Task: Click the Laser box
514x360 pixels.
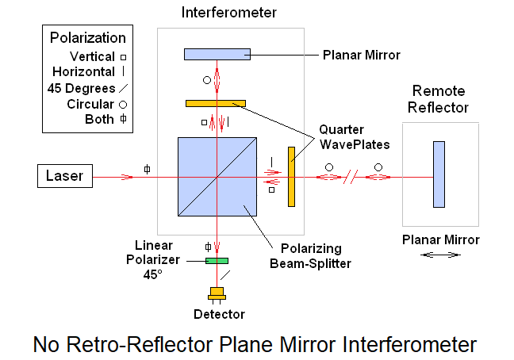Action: coord(65,175)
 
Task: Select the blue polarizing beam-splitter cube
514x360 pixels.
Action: coord(217,176)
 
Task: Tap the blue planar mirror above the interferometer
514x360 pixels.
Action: coord(217,54)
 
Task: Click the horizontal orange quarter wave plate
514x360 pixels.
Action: coord(216,103)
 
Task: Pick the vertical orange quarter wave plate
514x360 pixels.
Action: coord(291,176)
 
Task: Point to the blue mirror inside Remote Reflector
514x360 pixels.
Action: coord(439,174)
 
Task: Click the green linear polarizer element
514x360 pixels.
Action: coord(217,260)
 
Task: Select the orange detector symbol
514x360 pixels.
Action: coord(217,293)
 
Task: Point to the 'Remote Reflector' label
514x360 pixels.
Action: coord(438,100)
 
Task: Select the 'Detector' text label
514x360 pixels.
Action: coord(219,314)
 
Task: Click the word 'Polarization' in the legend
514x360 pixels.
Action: coord(87,37)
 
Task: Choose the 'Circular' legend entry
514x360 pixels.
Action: coord(90,104)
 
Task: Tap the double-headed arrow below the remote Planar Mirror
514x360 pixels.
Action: coord(441,255)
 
